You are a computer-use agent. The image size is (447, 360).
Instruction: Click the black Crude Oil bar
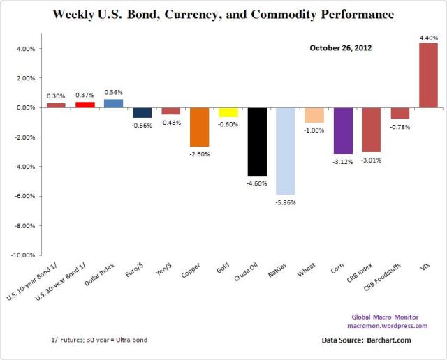click(x=257, y=142)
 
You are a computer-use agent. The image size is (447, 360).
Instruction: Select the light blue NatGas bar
click(x=286, y=151)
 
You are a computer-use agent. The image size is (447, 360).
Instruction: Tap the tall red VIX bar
click(x=428, y=75)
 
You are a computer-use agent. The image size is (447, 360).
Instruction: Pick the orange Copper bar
click(x=200, y=127)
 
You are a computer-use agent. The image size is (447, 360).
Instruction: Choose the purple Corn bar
click(x=343, y=130)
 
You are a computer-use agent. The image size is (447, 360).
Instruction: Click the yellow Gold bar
click(x=228, y=112)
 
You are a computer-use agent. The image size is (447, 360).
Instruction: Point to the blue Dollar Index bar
click(x=114, y=103)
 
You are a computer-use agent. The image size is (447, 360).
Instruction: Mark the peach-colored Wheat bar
click(x=314, y=115)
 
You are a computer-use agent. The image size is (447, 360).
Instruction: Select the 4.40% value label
click(x=428, y=37)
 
